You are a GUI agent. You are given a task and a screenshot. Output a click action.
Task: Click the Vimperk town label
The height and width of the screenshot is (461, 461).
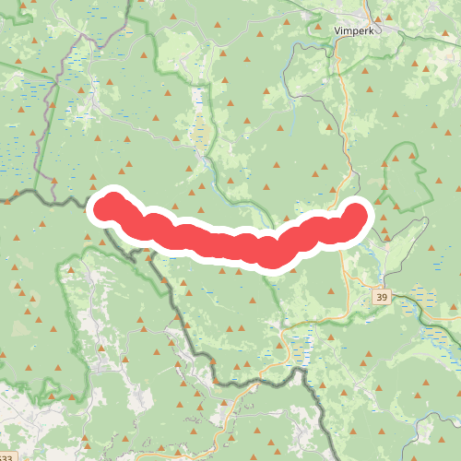355,30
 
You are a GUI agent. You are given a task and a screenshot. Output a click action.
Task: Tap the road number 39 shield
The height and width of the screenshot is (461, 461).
382,298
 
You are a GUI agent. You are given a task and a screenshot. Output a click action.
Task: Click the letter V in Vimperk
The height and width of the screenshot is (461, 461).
336,30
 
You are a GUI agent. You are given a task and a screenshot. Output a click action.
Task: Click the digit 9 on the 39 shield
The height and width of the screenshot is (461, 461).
385,298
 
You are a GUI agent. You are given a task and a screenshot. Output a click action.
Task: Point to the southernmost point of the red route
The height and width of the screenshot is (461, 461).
270,259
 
